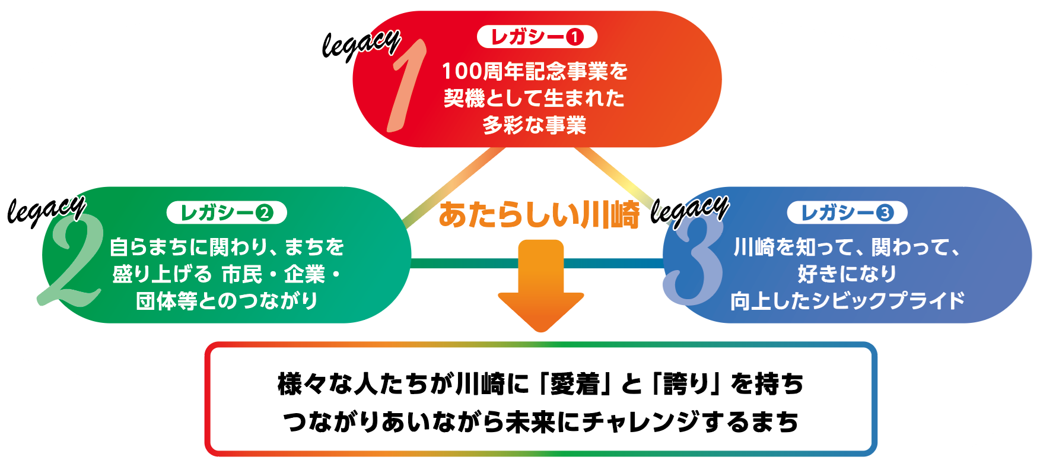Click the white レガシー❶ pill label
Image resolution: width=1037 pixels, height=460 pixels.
(537, 37)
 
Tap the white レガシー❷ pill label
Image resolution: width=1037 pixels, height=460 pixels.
(227, 212)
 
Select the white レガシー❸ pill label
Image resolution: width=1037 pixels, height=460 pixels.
(847, 212)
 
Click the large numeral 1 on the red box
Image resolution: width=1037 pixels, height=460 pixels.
(407, 86)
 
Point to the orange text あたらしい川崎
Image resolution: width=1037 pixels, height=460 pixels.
(539, 215)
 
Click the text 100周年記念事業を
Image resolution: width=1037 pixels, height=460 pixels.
(535, 72)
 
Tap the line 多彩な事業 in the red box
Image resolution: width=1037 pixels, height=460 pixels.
(535, 125)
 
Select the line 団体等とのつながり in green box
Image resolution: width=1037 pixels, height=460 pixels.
(227, 301)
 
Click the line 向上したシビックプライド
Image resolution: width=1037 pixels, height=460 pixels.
(847, 301)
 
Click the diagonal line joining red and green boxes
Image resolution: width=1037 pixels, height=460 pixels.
(454, 187)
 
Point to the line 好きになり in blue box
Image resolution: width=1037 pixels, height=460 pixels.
(847, 274)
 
